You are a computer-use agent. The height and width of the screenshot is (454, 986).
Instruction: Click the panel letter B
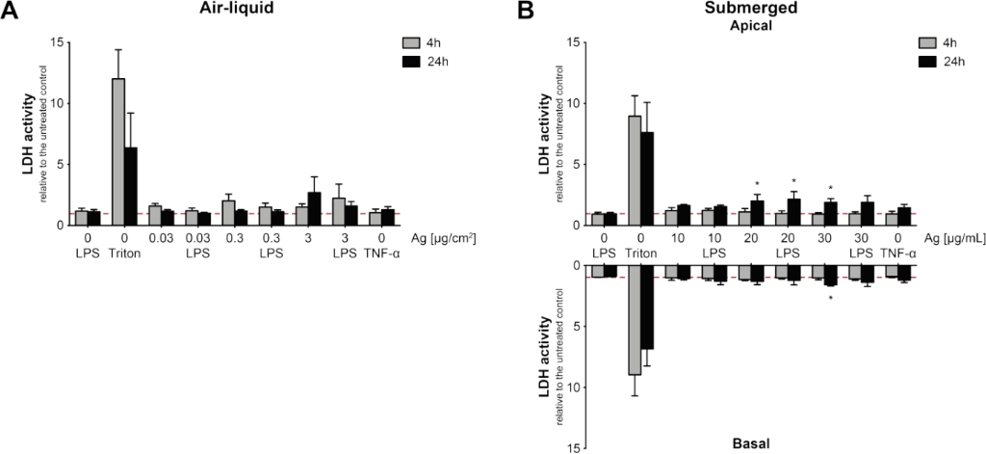527,13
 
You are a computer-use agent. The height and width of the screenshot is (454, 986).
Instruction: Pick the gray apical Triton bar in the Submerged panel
636,170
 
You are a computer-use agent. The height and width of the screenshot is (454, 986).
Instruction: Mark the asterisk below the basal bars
830,298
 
